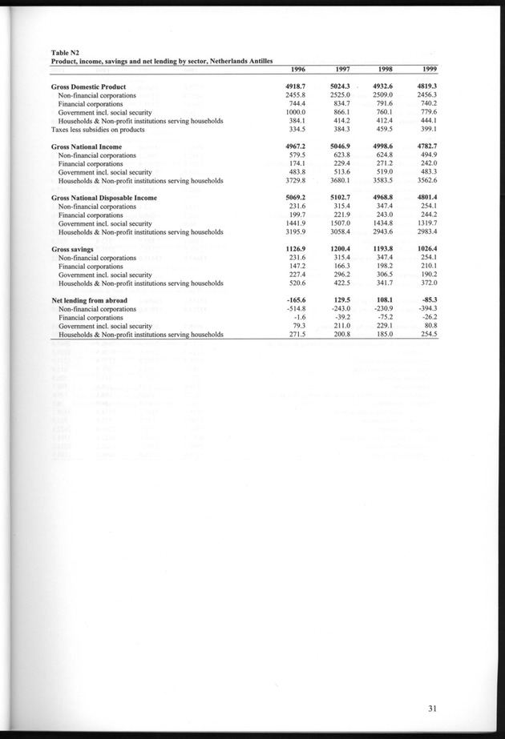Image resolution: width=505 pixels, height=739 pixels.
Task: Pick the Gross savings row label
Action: pos(74,250)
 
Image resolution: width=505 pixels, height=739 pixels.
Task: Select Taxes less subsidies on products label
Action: pos(97,128)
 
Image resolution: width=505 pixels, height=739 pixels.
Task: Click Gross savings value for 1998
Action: pos(376,250)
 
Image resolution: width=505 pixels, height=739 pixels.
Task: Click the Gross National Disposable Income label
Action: pos(103,196)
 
